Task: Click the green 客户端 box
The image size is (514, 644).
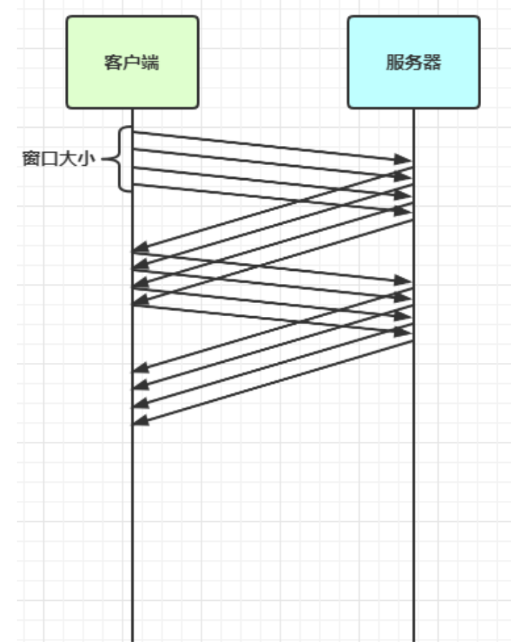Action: (x=132, y=62)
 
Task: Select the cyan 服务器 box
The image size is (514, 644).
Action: (x=413, y=62)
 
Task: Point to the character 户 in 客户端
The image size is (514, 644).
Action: (x=131, y=63)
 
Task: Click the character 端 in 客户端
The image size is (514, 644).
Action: (x=150, y=63)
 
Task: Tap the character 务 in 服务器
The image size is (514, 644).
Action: (x=413, y=63)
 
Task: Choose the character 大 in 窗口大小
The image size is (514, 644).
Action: (x=64, y=158)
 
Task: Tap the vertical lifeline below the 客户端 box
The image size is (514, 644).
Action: (x=132, y=511)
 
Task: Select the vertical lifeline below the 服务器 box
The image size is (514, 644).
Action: (x=413, y=511)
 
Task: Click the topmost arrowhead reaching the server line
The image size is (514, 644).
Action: (x=404, y=160)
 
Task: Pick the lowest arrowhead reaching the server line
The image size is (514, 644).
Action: (x=404, y=331)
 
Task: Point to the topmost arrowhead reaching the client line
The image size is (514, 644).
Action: (x=140, y=250)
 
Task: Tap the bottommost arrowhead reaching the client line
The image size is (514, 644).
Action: (x=140, y=421)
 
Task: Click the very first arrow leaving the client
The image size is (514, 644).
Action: (x=270, y=146)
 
